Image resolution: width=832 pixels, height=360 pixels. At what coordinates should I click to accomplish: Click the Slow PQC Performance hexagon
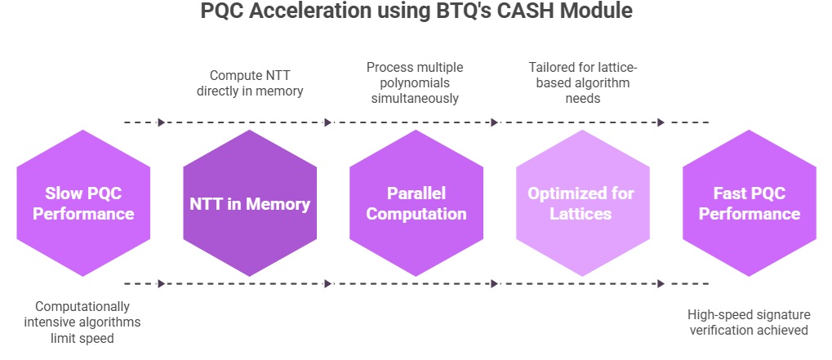click(83, 203)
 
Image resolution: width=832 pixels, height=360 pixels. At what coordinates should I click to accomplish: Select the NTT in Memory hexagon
click(250, 203)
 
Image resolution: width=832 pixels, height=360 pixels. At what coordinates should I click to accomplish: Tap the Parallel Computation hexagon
click(416, 203)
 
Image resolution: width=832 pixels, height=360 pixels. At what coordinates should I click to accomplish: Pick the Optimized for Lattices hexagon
click(583, 203)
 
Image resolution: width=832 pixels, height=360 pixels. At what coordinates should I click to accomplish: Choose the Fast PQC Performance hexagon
click(750, 203)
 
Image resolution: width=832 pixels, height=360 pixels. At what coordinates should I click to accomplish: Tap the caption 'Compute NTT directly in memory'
click(250, 82)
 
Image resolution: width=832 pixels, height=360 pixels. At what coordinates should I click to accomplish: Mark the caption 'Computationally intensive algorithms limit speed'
click(82, 322)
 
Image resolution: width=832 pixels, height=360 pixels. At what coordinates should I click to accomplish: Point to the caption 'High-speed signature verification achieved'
click(748, 322)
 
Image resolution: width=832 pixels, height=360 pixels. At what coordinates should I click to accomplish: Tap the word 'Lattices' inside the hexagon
click(583, 214)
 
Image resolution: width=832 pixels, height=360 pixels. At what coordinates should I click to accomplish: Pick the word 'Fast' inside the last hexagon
click(732, 193)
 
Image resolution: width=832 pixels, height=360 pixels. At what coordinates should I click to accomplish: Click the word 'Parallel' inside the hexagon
click(416, 193)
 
